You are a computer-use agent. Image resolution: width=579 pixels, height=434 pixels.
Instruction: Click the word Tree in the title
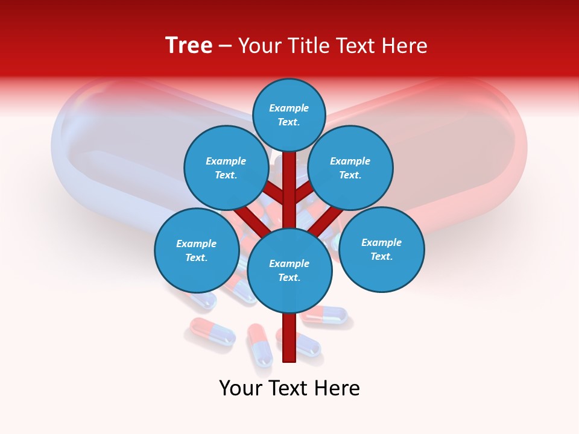[x=189, y=45]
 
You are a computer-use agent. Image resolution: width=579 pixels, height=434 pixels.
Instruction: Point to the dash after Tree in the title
[x=226, y=46]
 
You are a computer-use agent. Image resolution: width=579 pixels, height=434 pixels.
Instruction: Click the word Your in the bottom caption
[x=240, y=388]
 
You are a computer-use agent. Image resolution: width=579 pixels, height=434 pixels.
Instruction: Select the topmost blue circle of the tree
[x=289, y=115]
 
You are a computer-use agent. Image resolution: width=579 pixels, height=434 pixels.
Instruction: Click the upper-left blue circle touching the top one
[x=226, y=168]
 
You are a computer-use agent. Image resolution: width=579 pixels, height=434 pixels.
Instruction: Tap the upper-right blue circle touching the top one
[x=350, y=168]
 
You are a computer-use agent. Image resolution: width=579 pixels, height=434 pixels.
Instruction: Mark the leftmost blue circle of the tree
[x=197, y=250]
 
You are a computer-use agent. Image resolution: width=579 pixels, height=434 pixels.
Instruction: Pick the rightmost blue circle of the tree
[x=381, y=249]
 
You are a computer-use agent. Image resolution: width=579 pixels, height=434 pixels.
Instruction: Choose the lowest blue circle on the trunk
[x=289, y=270]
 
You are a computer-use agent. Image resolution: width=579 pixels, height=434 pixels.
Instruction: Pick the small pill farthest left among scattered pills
[x=212, y=332]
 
